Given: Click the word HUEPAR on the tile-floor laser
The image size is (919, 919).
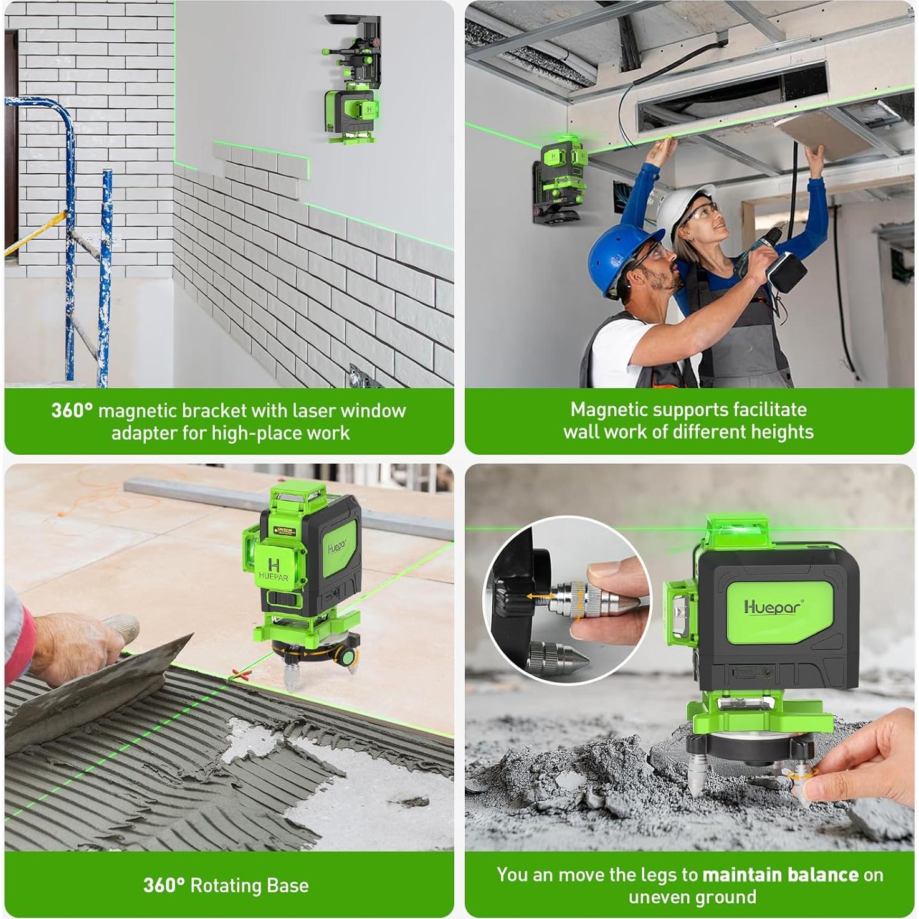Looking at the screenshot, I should [274, 577].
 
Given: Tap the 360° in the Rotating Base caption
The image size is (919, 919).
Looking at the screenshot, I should [164, 885].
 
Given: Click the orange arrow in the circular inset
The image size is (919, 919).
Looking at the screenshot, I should [538, 597].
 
